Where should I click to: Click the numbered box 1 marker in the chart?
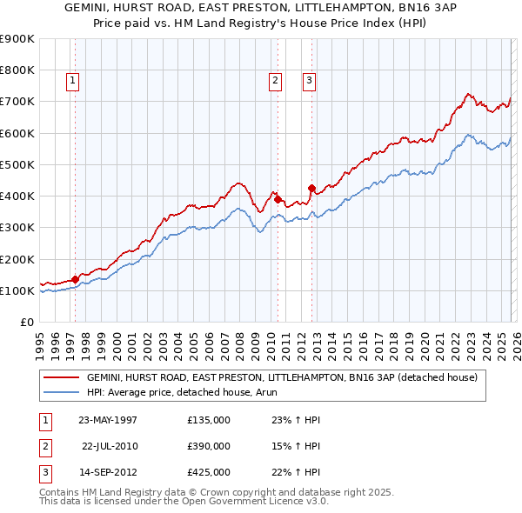72,81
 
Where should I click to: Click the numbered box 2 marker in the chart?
275,81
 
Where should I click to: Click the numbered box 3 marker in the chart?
308,81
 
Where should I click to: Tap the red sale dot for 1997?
76,279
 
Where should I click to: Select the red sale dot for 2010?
278,199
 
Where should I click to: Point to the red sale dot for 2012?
311,188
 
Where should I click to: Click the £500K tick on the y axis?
17,164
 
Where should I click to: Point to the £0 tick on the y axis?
28,323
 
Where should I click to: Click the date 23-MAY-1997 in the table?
108,421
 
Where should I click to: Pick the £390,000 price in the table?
209,446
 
